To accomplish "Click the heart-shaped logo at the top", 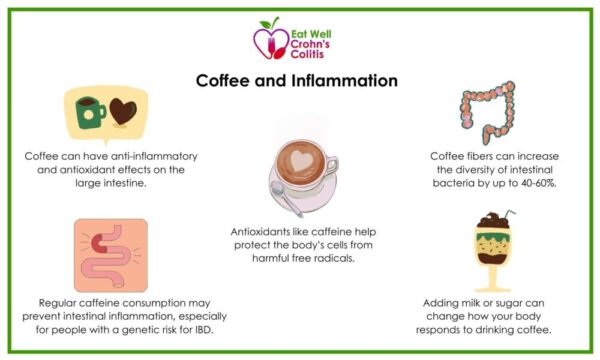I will pyautogui.click(x=268, y=40).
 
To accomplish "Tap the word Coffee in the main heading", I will pyautogui.click(x=228, y=80).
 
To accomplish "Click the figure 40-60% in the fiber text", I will pyautogui.click(x=528, y=184).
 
